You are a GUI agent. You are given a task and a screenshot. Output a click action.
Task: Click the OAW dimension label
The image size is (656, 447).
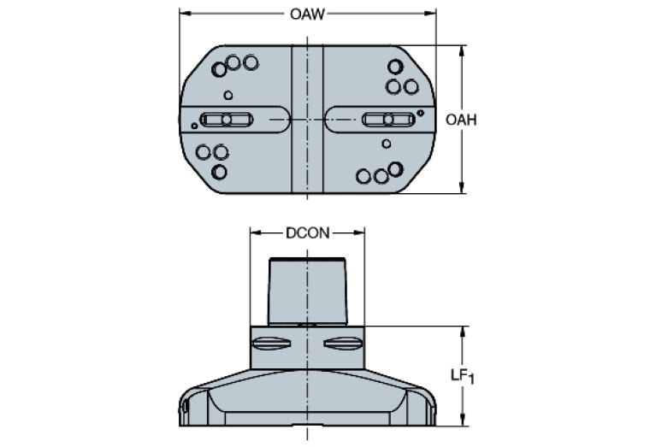307,14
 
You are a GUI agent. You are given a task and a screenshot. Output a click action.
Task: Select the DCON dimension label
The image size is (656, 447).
307,232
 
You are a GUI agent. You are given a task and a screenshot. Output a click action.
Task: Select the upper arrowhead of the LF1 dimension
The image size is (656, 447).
463,331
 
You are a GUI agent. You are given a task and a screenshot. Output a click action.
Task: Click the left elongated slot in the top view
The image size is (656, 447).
227,120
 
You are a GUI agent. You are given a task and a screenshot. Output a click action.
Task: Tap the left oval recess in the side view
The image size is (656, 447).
272,344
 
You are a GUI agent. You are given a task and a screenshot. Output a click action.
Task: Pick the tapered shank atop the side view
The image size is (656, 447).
307,291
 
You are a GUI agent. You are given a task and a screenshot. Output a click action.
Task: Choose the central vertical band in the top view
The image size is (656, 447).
307,120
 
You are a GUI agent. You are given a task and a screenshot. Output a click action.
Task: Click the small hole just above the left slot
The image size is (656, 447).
228,95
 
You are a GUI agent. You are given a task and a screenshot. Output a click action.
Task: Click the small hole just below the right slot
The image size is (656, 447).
387,144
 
